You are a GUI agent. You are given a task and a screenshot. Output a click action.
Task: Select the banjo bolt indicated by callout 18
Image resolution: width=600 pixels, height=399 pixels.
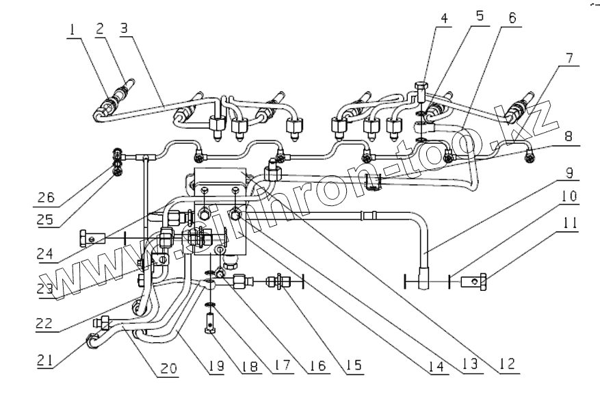(x=211, y=320)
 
